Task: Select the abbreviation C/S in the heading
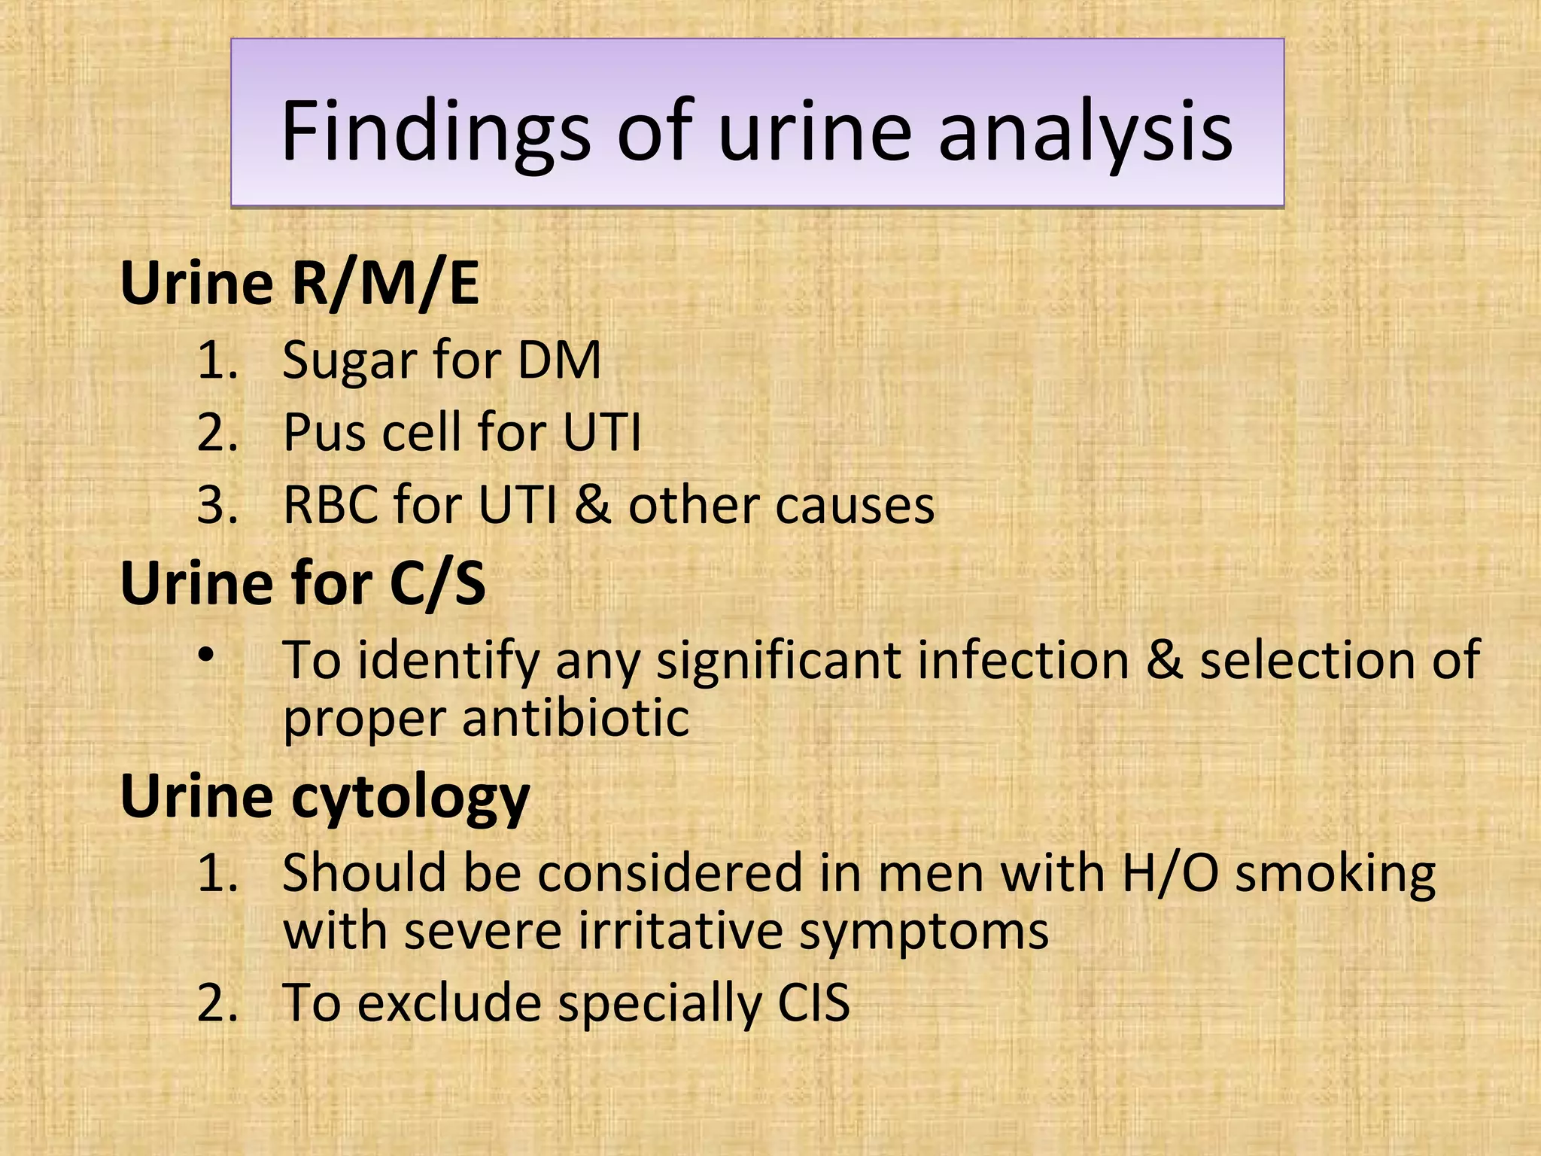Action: tap(437, 584)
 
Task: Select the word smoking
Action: tap(1336, 875)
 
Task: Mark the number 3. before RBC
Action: tap(217, 506)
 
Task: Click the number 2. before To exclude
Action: tap(217, 1003)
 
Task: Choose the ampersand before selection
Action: tap(1164, 660)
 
